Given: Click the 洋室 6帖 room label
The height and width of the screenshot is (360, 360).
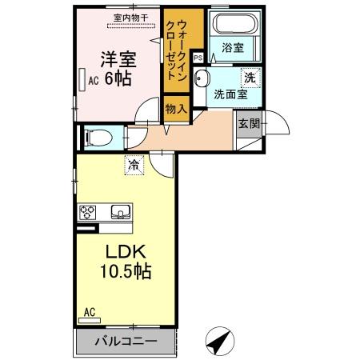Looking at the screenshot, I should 117,70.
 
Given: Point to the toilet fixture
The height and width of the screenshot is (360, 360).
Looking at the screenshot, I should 94,137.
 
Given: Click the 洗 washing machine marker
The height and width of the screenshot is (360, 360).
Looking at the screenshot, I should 250,78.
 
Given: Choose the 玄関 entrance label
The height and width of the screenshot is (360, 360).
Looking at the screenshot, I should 246,122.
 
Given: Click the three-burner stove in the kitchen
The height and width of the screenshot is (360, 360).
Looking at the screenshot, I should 88,213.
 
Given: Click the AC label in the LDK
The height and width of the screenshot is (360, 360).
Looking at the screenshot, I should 90,312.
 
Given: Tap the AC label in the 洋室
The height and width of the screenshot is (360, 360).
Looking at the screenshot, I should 94,80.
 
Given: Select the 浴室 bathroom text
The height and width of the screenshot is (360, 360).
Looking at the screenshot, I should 234,48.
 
